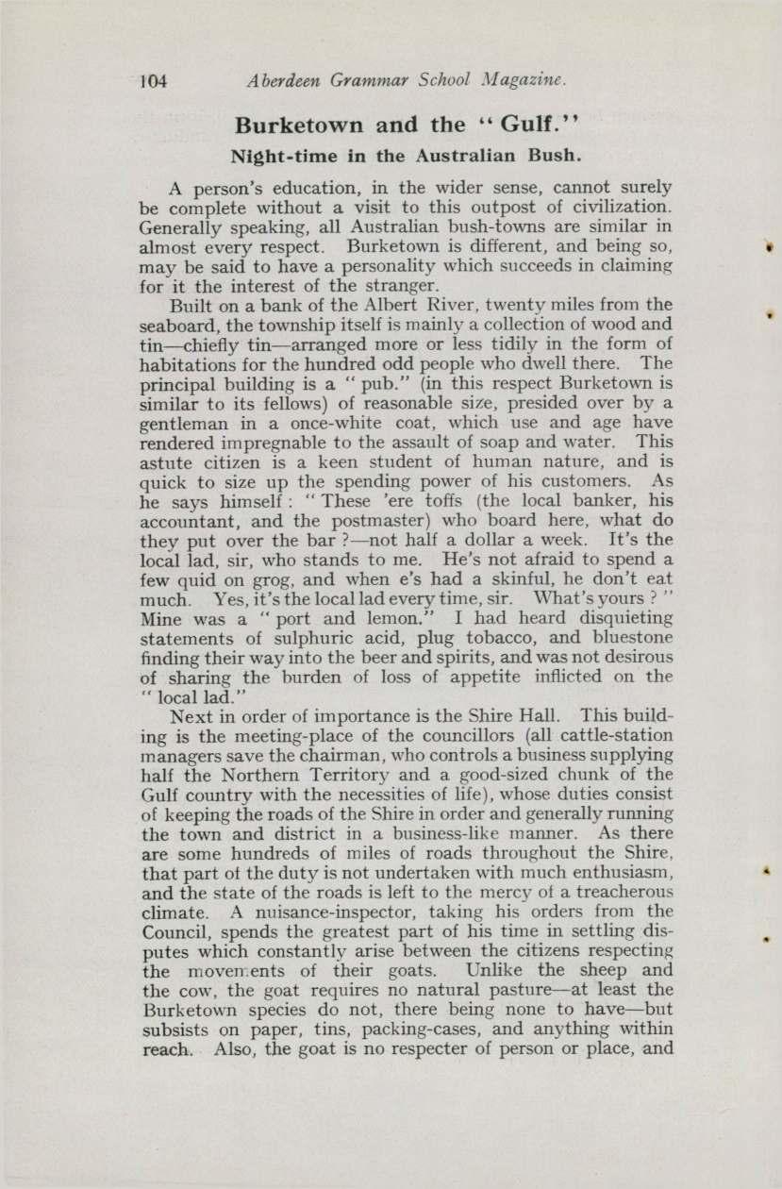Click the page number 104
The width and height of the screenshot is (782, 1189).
coord(151,80)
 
